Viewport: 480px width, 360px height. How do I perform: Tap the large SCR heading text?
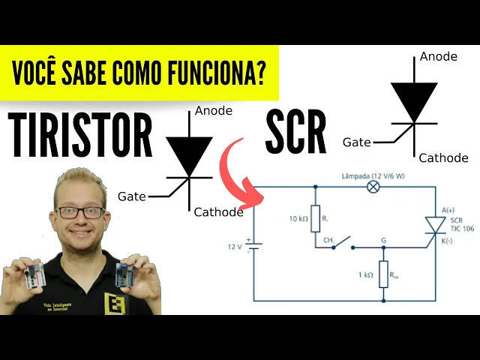pos(295,133)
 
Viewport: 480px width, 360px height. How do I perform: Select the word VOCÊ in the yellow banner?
pos(40,73)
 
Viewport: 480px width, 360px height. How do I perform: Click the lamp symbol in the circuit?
pos(373,187)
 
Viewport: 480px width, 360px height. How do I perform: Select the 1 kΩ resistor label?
pos(365,275)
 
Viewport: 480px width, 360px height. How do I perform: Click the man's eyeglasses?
pos(80,212)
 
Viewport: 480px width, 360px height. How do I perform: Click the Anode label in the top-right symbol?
pos(439,56)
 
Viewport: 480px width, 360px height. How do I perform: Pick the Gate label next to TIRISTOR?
pos(132,196)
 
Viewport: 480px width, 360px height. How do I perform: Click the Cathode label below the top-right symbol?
pos(443,157)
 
